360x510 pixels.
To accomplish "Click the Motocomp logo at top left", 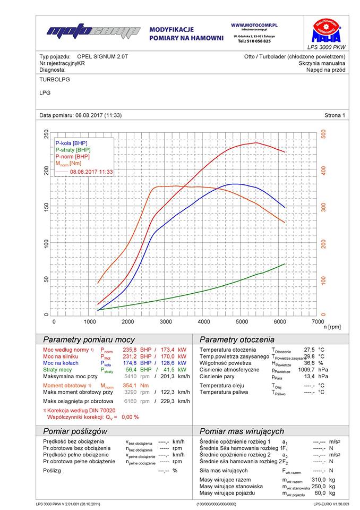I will [x=93, y=32].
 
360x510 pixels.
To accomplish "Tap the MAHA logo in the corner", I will [x=326, y=31].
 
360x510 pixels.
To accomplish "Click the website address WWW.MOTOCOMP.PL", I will [x=255, y=25].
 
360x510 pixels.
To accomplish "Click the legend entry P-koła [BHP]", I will [x=71, y=143].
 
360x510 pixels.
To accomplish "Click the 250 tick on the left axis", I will [x=47, y=135].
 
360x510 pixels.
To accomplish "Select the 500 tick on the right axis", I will [x=323, y=135].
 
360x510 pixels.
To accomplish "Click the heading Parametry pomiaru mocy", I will [x=89, y=339].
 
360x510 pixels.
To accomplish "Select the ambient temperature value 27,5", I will [x=310, y=350].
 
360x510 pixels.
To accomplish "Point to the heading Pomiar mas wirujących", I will [x=242, y=431].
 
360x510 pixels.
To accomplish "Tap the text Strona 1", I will [x=335, y=115].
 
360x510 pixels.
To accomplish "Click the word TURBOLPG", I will [x=55, y=79].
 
